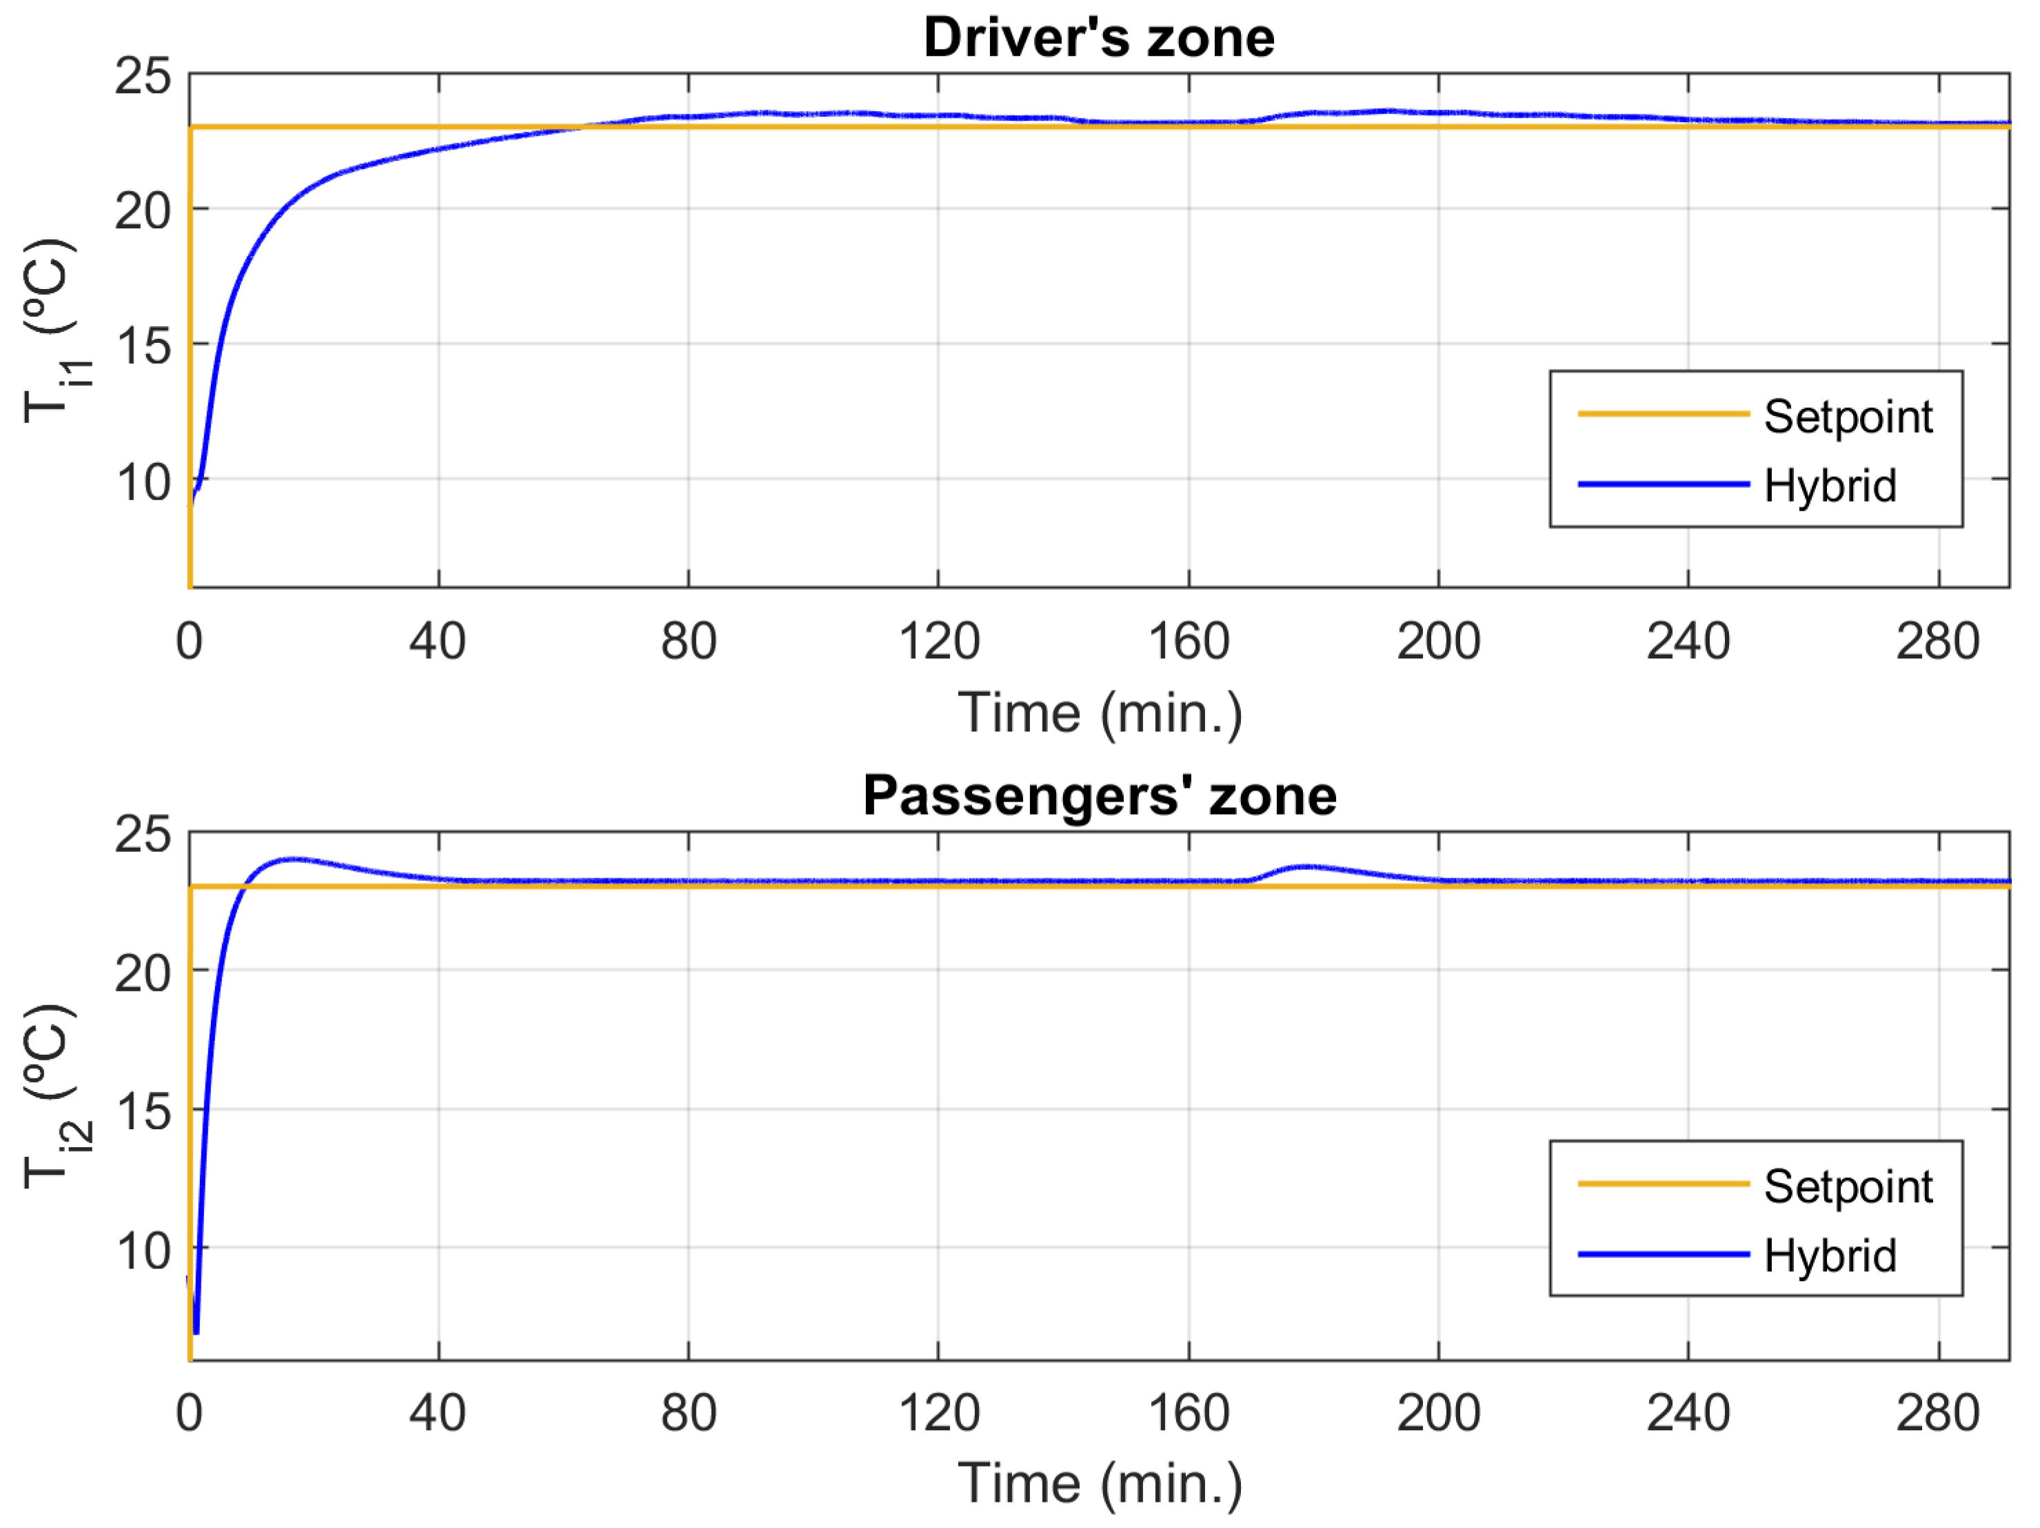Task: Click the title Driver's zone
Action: tap(1100, 39)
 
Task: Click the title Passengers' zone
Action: tap(1100, 795)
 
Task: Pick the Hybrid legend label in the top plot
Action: tap(1830, 486)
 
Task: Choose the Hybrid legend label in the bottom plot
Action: tap(1830, 1256)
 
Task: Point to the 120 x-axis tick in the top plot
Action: tap(939, 642)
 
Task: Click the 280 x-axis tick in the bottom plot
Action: tap(1938, 1413)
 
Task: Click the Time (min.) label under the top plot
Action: tap(1100, 714)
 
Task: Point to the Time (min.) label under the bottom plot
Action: tap(1100, 1484)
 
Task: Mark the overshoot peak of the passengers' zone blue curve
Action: tap(293, 859)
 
